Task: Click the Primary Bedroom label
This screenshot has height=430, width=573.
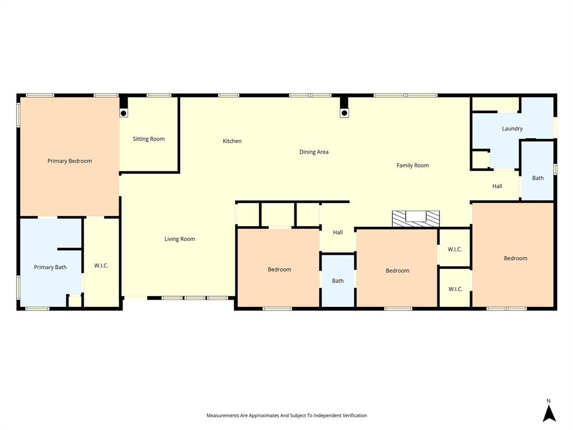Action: click(x=69, y=161)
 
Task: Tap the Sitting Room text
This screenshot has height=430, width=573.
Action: click(x=149, y=139)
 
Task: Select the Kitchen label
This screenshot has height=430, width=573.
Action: click(x=232, y=141)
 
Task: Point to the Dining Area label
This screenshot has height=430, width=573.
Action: click(x=314, y=152)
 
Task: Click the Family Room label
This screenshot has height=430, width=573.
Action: click(x=412, y=165)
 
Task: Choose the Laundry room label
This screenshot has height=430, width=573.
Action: click(x=512, y=129)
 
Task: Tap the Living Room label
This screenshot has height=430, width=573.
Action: click(x=180, y=239)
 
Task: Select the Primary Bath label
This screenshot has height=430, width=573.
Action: click(x=50, y=267)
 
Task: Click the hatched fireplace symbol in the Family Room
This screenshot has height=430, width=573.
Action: click(x=415, y=218)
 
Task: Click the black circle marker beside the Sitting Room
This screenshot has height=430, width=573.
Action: click(x=124, y=113)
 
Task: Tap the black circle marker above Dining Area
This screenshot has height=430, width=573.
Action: click(x=344, y=113)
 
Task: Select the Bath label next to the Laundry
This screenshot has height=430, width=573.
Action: click(x=538, y=178)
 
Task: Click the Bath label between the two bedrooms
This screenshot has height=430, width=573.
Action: click(x=337, y=281)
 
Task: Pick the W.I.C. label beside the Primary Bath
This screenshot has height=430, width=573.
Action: click(x=101, y=265)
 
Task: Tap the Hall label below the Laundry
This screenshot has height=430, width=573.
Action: click(x=497, y=186)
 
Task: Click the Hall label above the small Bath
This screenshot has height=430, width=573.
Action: click(x=337, y=232)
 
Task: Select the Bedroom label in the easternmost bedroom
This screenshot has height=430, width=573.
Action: click(x=515, y=258)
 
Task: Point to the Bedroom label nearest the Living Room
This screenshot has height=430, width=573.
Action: click(x=279, y=269)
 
